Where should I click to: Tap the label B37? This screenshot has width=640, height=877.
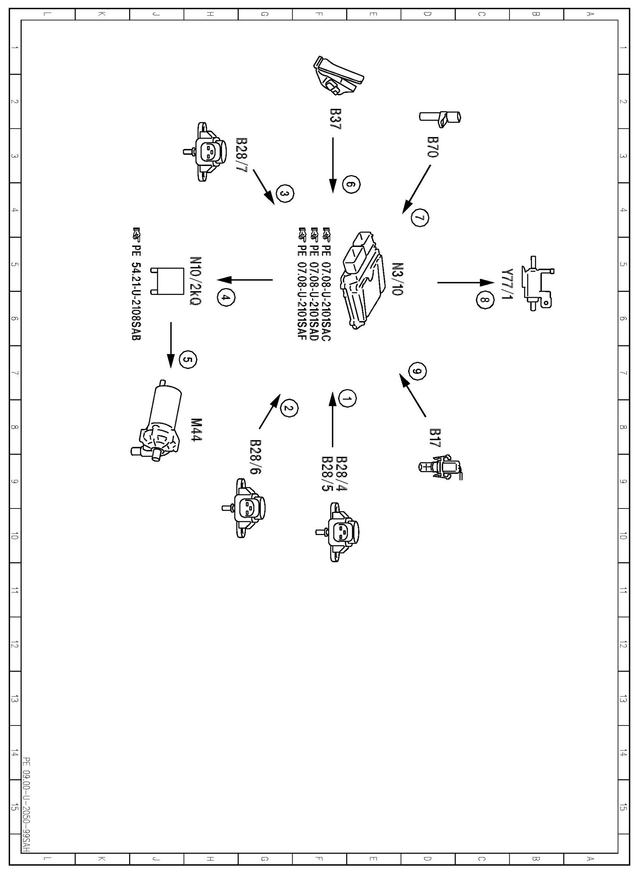coord(335,119)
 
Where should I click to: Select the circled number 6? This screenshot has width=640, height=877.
coord(351,185)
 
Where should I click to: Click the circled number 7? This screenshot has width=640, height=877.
coord(420,217)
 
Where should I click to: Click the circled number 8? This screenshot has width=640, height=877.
coord(485,300)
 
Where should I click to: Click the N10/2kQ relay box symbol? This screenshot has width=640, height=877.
coord(167,281)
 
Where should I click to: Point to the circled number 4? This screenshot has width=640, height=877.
coord(225,297)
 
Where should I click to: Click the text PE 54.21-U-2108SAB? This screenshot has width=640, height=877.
coord(136,285)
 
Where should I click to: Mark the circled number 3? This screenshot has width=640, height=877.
coord(285,194)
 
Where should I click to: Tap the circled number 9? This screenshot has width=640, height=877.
coord(417,371)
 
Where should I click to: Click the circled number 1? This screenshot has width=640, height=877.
coord(347,399)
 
